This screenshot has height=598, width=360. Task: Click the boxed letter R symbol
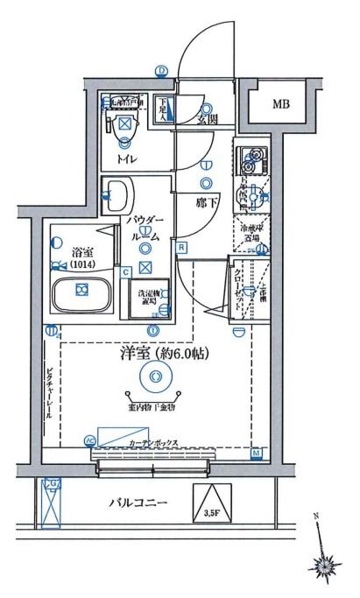[x=180, y=248]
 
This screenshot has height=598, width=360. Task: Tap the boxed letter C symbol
[x=126, y=272]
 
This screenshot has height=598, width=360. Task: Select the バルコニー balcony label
[x=138, y=502]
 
